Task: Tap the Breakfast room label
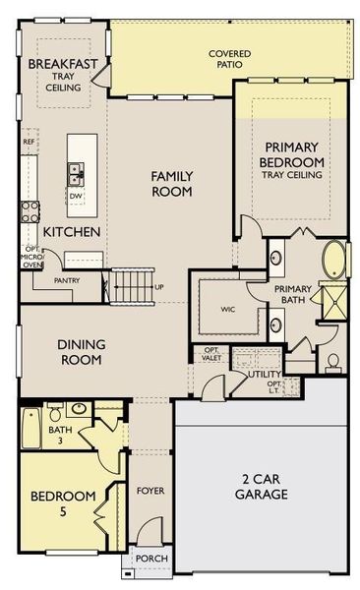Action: [63, 65]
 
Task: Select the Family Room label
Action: [172, 184]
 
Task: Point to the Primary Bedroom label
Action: [292, 154]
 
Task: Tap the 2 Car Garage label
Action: [262, 487]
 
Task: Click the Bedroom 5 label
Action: [61, 502]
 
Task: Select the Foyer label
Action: [150, 490]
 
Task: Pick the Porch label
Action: [152, 558]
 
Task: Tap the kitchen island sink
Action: [75, 174]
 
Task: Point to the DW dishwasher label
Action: [76, 195]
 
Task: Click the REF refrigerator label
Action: [29, 142]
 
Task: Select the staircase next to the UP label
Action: [130, 286]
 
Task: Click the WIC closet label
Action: [227, 309]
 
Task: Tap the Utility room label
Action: [266, 375]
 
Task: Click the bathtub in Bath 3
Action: [31, 429]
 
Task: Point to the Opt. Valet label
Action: [211, 356]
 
